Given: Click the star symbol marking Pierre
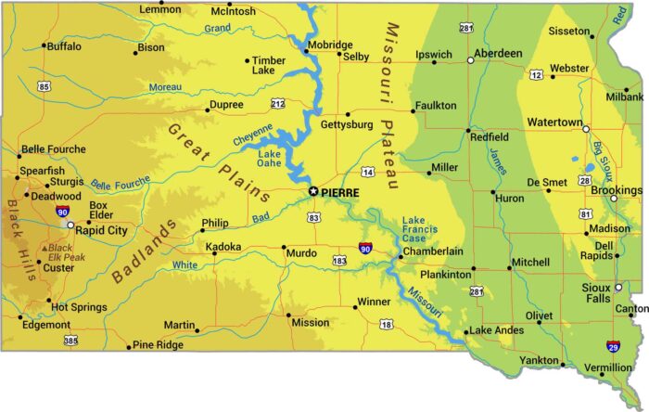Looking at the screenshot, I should [x=312, y=192].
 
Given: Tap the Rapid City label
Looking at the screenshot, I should [x=101, y=230].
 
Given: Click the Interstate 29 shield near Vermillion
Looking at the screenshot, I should [x=613, y=346].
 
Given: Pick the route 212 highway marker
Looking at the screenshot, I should [x=277, y=103].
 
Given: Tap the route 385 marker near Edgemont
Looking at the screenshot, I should [x=71, y=341].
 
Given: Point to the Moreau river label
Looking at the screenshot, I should [x=166, y=88].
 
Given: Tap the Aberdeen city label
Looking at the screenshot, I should [x=498, y=54].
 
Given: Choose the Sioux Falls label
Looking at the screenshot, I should [x=596, y=293].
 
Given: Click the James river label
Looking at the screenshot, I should [x=500, y=161].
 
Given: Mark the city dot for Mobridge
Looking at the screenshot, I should [x=306, y=50].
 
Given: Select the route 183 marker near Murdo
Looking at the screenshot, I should [x=339, y=262].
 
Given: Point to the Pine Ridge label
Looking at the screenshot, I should [x=159, y=345].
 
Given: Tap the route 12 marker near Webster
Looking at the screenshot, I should [x=536, y=74].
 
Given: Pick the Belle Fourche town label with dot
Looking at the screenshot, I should [x=54, y=148].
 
